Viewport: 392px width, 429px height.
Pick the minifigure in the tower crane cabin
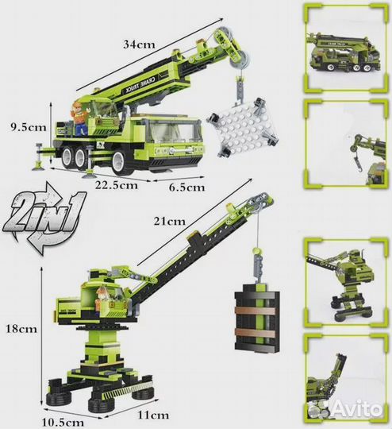(x=101, y=300)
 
